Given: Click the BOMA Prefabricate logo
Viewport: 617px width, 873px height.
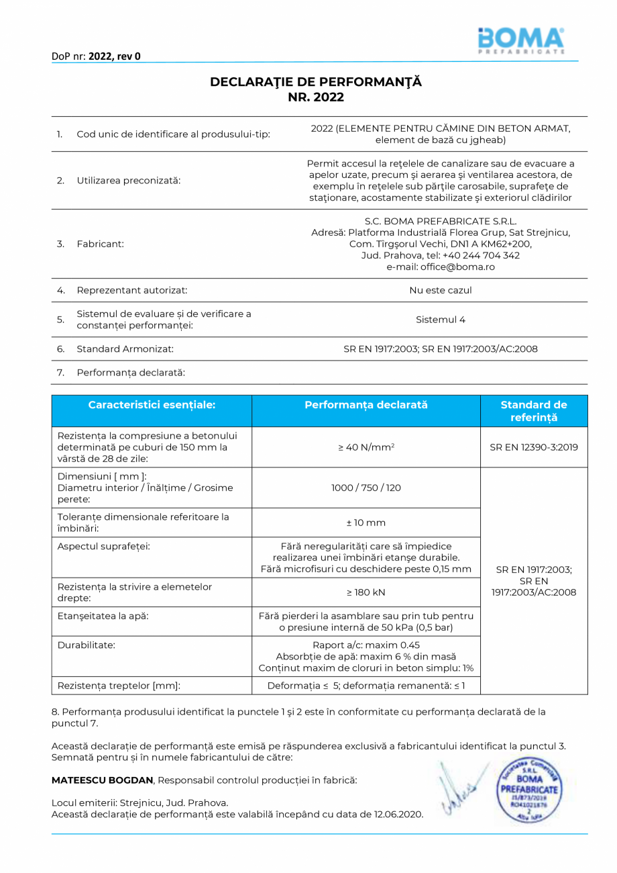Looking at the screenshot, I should [520, 41].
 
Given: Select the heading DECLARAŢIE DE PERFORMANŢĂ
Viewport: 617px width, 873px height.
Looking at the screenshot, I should [316, 82].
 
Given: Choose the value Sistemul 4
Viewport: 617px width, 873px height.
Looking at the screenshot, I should [441, 320].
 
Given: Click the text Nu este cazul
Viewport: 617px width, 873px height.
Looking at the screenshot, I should [441, 290].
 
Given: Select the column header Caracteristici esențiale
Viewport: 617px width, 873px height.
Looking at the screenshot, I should [152, 405].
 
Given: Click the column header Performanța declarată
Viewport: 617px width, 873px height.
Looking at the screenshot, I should [366, 405].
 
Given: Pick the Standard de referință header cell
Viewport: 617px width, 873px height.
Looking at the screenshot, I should [533, 411].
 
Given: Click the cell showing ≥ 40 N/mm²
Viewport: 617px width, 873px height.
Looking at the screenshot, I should [366, 447].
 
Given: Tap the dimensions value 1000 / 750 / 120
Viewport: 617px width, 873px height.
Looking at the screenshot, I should [366, 488].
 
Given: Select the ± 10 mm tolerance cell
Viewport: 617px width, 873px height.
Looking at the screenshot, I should [366, 522].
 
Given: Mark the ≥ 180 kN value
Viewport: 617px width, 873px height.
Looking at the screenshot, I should [366, 592].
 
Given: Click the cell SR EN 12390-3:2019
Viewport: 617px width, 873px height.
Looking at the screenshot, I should [533, 447].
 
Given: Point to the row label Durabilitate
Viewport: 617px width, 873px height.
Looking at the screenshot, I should [87, 645].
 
